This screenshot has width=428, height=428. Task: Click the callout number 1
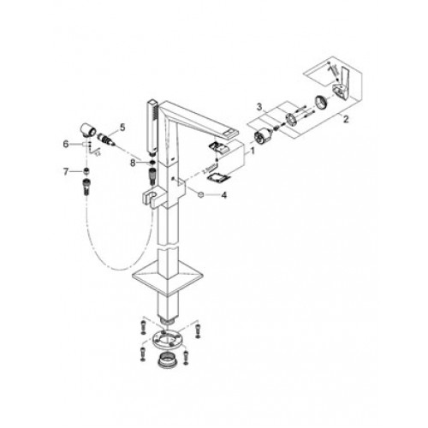253,152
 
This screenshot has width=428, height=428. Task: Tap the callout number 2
346,119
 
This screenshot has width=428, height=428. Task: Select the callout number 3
259,107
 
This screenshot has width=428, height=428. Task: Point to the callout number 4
224,195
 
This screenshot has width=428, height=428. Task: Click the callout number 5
122,128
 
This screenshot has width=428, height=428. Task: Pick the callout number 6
66,144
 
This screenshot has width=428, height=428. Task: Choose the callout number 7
66,172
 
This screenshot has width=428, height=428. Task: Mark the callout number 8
133,163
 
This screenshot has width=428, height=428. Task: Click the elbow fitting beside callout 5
87,130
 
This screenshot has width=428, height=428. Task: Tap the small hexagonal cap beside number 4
201,194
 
